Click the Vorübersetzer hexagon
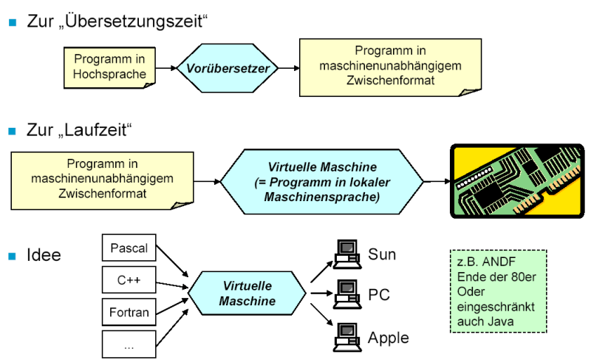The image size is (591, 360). pos(227,69)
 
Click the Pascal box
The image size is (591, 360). pos(129,248)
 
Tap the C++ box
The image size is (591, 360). pos(129,281)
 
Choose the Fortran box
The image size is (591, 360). pos(129,312)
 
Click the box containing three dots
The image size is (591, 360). pos(129,343)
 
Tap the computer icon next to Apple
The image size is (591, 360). pos(345,337)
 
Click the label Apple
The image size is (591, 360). pos(388,338)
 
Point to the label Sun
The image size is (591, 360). pos(382,255)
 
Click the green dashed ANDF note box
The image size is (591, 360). pos(498,291)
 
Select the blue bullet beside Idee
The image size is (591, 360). pos(12,256)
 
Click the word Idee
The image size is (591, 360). pos(44,256)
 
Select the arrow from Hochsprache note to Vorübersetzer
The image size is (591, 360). pos(167,69)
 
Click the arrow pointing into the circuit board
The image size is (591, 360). pos(437,181)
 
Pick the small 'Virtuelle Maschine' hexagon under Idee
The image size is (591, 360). pos(247,293)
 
